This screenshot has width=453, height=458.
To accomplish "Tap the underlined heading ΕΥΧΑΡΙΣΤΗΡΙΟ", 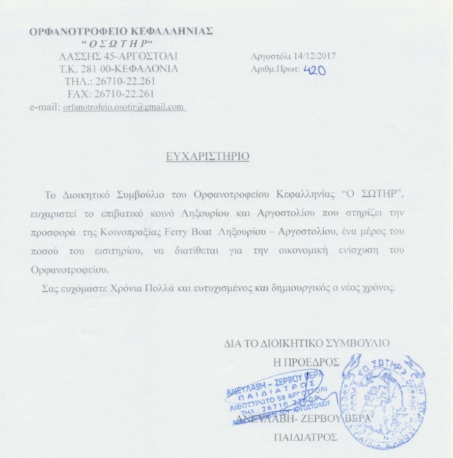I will [x=208, y=156].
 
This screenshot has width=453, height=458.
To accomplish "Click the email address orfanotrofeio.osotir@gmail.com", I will [x=123, y=107].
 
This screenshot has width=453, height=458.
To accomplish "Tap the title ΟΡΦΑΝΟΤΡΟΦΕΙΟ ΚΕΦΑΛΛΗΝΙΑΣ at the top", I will [x=121, y=31].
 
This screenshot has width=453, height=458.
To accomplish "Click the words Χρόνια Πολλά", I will [x=135, y=288].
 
